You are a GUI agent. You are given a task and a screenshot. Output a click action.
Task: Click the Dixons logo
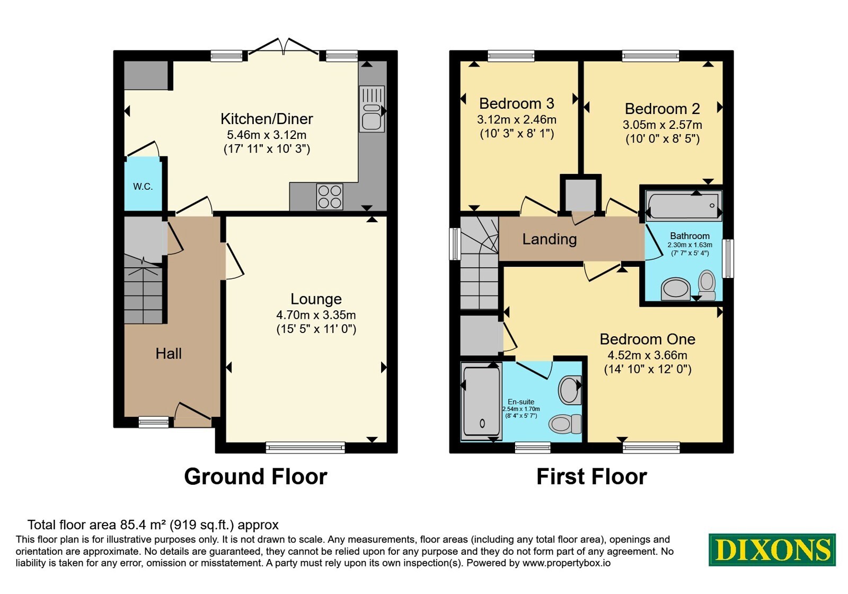(772, 549)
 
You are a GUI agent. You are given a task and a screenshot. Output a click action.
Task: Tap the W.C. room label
(143, 186)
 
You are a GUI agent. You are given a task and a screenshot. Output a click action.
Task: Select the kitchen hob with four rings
(330, 197)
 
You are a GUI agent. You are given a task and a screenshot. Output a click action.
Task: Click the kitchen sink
(372, 109)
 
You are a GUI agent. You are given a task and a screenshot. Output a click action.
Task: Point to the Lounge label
(316, 299)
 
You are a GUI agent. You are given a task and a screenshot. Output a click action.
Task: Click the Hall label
(169, 354)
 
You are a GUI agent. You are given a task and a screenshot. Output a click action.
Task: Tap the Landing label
(549, 239)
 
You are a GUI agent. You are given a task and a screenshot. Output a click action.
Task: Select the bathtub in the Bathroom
(684, 205)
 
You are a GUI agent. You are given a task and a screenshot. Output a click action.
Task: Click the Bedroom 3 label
(516, 103)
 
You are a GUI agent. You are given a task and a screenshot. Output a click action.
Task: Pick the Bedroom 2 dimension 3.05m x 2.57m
(662, 125)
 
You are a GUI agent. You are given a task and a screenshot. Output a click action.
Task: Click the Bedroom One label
(647, 339)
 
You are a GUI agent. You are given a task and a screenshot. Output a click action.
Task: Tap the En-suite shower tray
(482, 401)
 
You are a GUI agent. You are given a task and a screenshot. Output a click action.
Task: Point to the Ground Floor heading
(255, 477)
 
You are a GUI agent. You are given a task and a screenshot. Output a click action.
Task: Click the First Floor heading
(591, 477)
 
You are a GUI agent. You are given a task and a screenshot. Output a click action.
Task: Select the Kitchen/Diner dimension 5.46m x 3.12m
(267, 135)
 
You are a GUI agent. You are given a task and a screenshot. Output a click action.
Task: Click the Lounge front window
(305, 448)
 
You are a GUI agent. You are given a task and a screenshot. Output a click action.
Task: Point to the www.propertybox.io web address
(567, 563)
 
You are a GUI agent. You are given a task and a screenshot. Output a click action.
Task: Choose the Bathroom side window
(728, 258)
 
